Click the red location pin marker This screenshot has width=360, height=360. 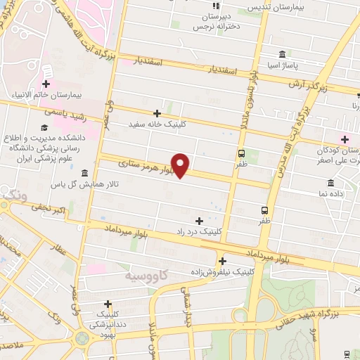point(181,165)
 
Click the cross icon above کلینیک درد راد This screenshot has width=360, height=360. point(200,221)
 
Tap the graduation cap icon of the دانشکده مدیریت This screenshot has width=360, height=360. point(44,127)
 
